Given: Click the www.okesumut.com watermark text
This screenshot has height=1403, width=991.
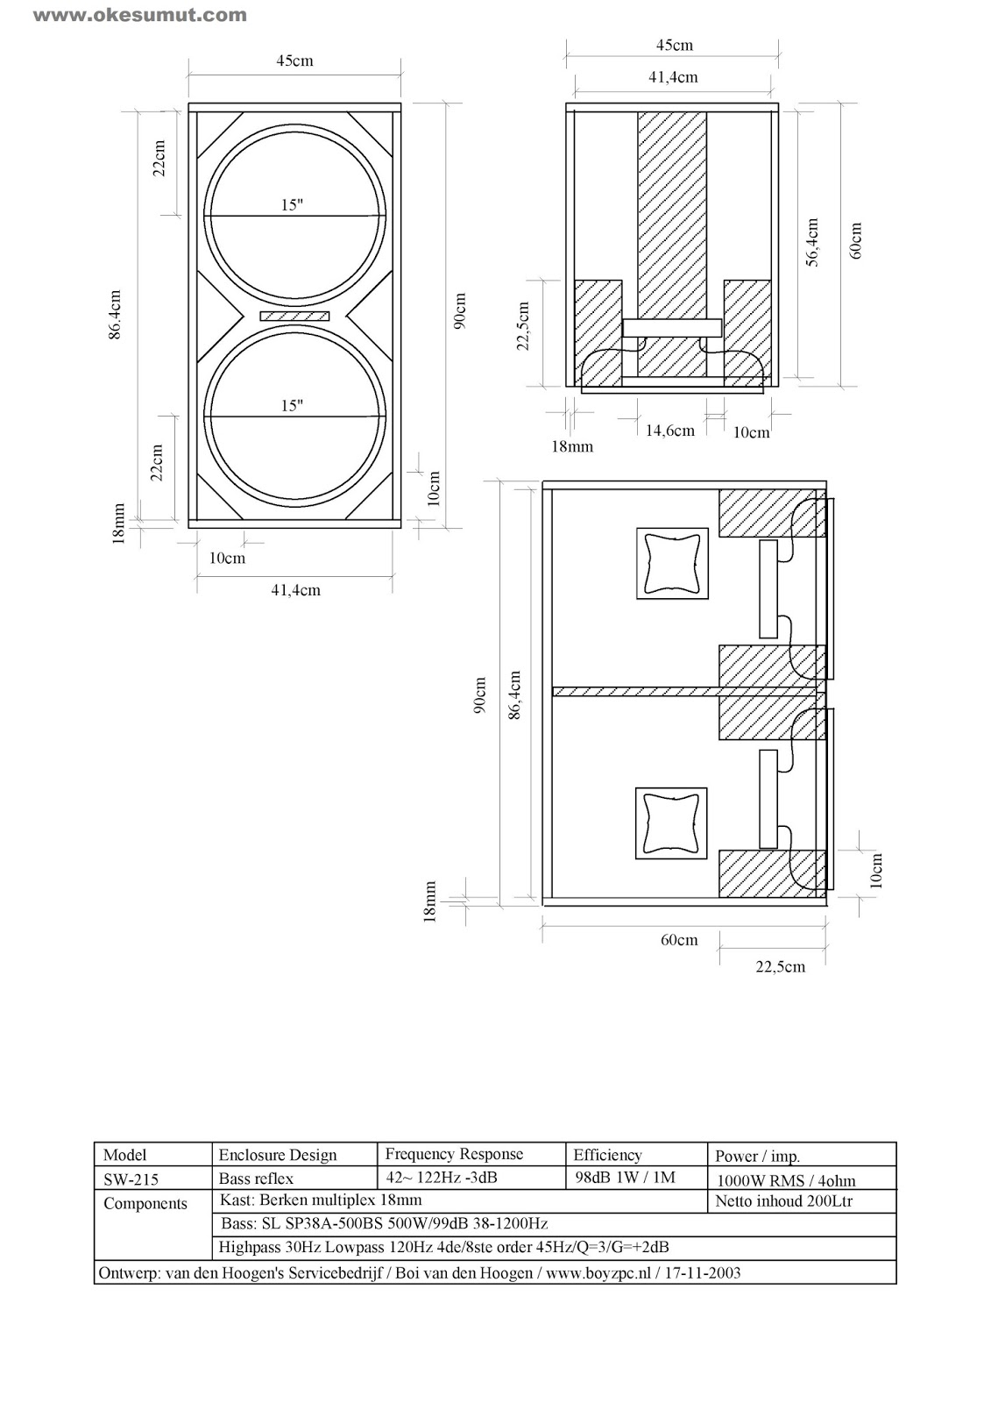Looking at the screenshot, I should [140, 15].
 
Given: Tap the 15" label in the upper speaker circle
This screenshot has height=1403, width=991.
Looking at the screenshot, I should [292, 204].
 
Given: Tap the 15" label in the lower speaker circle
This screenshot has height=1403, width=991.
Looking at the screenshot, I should [292, 405].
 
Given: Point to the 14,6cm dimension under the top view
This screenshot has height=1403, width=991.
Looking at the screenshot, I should [669, 431].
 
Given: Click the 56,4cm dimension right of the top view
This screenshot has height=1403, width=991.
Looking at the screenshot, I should [812, 243].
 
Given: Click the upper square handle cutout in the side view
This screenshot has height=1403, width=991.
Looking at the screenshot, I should [672, 563].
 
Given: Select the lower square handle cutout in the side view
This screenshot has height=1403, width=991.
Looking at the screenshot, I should [672, 823].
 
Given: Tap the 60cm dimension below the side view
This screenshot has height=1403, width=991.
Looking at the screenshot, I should [679, 940].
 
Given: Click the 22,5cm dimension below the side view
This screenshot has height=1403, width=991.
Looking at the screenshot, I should [780, 966].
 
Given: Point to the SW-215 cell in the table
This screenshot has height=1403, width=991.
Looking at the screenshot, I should [131, 1179].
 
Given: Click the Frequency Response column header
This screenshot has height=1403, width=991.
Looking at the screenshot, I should [454, 1154].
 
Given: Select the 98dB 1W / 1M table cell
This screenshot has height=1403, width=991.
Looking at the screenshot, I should [625, 1178].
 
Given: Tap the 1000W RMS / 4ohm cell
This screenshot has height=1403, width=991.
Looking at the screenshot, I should [786, 1180].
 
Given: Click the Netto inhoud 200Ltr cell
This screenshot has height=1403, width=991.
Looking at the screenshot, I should [783, 1201].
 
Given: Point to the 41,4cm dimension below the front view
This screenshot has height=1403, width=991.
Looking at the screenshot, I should [295, 591].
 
